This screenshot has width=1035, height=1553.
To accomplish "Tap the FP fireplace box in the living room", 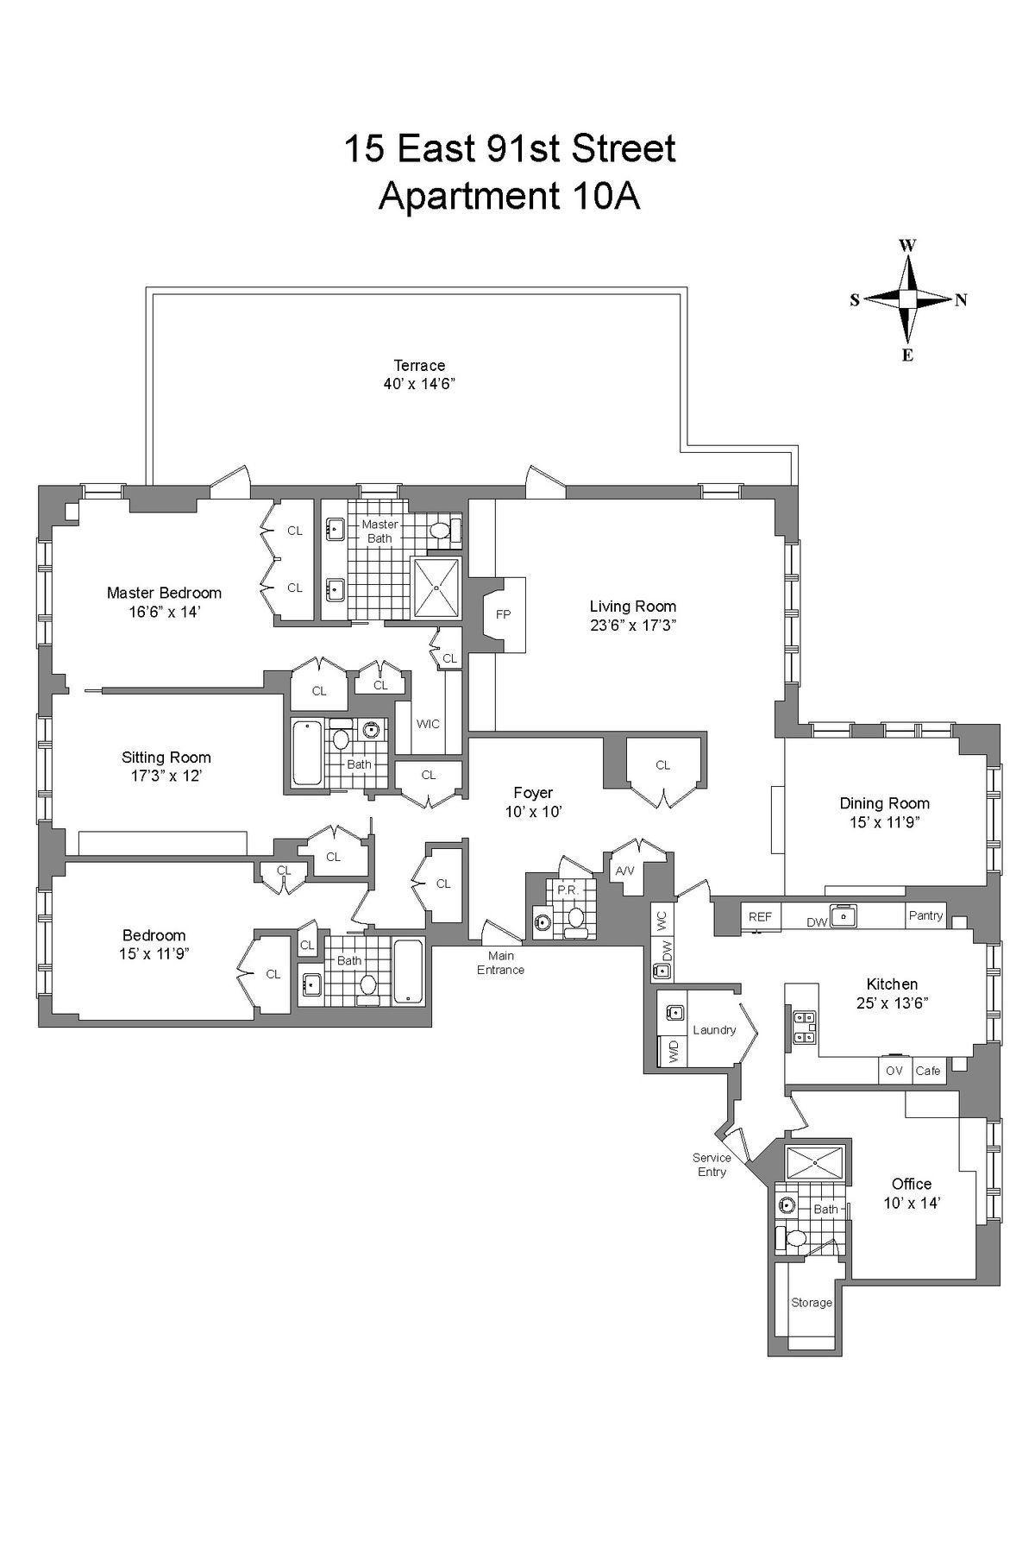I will pyautogui.click(x=504, y=614).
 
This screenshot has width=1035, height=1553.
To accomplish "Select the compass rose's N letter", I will pyautogui.click(x=961, y=300).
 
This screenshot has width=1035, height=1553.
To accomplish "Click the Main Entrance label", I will pyautogui.click(x=500, y=963).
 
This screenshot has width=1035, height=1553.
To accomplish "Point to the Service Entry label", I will pyautogui.click(x=712, y=1165).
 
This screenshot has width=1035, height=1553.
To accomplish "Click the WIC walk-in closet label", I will pyautogui.click(x=428, y=724).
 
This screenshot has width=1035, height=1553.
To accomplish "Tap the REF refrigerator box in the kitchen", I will pyautogui.click(x=760, y=917).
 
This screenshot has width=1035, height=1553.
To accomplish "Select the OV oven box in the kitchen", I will pyautogui.click(x=894, y=1071).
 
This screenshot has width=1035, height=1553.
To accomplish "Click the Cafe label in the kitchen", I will pyautogui.click(x=928, y=1071).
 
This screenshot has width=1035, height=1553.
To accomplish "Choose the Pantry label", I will pyautogui.click(x=926, y=915).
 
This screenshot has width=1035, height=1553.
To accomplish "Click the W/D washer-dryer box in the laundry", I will pyautogui.click(x=673, y=1053).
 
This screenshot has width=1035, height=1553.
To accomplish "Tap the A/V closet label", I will pyautogui.click(x=624, y=871).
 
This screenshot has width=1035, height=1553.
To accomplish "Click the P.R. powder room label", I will pyautogui.click(x=566, y=890).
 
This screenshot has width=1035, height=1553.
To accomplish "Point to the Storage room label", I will pyautogui.click(x=812, y=1302).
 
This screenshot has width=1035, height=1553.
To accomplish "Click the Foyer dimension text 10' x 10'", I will pyautogui.click(x=533, y=812).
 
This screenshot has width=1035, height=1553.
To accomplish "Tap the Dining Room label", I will pyautogui.click(x=884, y=803).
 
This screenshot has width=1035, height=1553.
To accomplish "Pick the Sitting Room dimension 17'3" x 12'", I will pyautogui.click(x=166, y=776).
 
